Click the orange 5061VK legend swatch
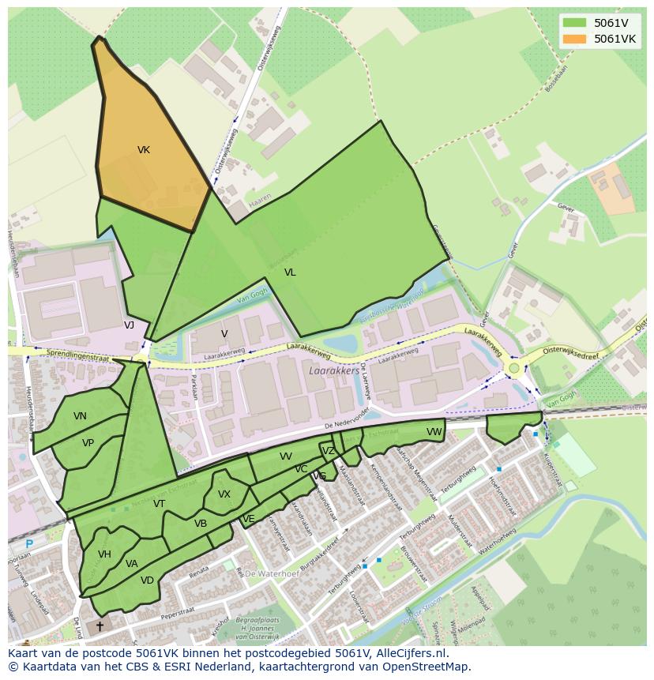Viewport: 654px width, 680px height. click(575, 39)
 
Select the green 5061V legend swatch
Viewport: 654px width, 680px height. click(575, 23)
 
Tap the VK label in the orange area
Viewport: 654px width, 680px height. click(144, 150)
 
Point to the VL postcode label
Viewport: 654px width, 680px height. click(290, 272)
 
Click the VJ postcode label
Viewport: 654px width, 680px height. click(129, 325)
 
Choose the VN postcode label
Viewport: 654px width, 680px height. click(80, 416)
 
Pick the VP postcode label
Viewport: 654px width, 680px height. click(88, 443)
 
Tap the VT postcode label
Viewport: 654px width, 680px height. click(159, 504)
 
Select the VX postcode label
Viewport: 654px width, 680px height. click(224, 494)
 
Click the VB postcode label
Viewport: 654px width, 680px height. click(201, 523)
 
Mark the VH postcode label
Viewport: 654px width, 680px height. click(104, 554)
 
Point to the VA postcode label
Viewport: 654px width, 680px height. click(131, 564)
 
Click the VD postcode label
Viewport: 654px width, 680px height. click(147, 580)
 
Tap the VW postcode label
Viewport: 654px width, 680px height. click(434, 432)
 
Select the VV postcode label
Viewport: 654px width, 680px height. click(286, 456)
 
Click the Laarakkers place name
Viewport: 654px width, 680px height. click(335, 370)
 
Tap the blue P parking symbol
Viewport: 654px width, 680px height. click(29, 544)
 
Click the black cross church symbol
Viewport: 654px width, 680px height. click(100, 626)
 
